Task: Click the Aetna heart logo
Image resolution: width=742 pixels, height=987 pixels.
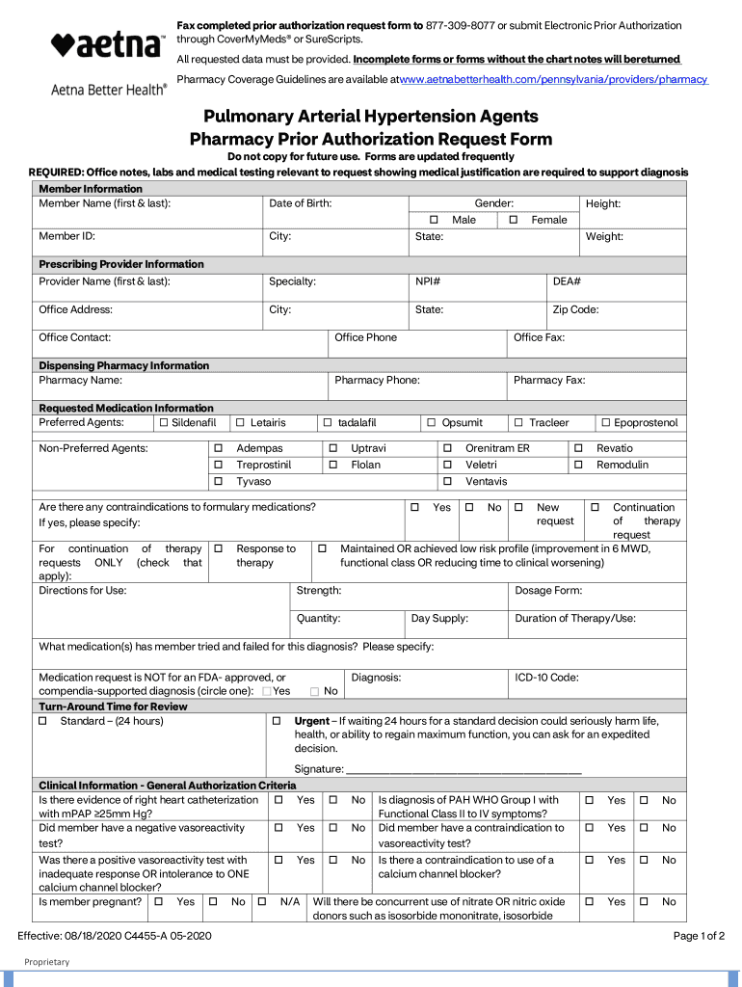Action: [61, 44]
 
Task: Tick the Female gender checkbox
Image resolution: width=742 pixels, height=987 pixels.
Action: [514, 220]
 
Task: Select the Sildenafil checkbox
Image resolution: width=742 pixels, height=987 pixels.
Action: [164, 423]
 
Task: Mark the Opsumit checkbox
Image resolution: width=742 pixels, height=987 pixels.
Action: [432, 423]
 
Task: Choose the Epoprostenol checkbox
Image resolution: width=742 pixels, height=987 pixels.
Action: [605, 423]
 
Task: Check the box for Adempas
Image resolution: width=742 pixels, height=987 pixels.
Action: [218, 448]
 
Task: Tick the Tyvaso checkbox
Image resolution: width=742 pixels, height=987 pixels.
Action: [218, 481]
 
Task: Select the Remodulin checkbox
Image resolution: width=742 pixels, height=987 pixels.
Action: [578, 465]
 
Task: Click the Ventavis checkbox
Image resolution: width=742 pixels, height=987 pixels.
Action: [447, 481]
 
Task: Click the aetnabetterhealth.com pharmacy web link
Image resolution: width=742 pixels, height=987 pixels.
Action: [554, 79]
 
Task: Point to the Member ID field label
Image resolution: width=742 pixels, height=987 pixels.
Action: [66, 236]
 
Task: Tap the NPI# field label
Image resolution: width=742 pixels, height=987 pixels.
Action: [428, 281]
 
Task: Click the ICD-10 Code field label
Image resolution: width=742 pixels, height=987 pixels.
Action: [546, 678]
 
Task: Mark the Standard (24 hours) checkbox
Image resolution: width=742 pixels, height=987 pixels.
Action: [42, 721]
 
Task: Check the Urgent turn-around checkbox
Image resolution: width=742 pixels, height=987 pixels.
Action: [277, 721]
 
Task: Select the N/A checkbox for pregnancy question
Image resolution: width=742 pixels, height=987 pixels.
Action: [262, 902]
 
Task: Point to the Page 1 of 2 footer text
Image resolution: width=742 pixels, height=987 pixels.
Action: [699, 936]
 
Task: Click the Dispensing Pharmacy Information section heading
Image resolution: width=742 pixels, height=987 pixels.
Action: [123, 365]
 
